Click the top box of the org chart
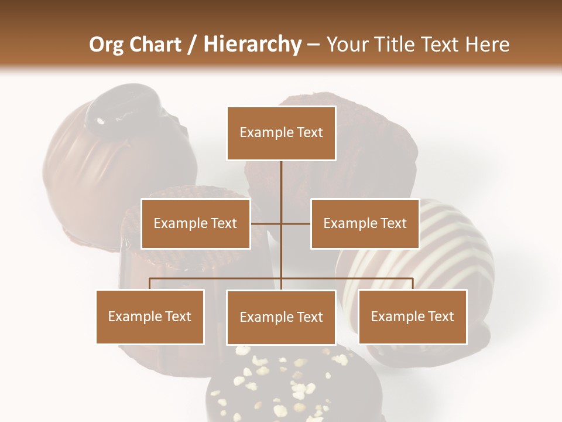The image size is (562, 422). [281, 133]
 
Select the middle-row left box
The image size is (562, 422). [196, 223]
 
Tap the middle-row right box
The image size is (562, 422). [365, 223]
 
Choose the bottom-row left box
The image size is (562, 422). [150, 316]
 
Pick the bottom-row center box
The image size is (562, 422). [281, 317]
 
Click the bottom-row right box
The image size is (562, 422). [413, 316]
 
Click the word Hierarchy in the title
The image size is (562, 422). [252, 44]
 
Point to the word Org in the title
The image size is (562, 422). [106, 44]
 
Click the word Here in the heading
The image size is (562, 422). [488, 44]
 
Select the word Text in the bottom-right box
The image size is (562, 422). [440, 316]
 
